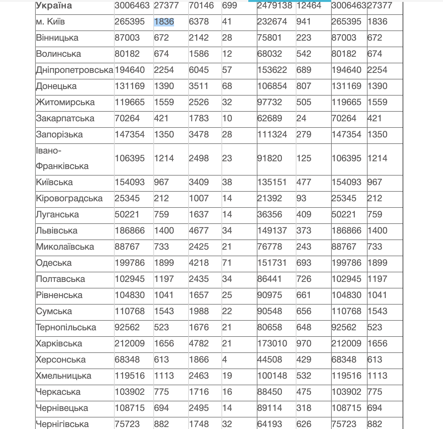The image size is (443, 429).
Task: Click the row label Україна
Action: click(54, 5)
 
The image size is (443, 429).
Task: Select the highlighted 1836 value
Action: click(164, 22)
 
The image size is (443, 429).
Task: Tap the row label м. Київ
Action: click(50, 22)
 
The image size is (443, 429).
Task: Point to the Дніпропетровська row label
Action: click(75, 70)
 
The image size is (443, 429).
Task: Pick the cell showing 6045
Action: click(199, 70)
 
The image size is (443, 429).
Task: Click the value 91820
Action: click(270, 158)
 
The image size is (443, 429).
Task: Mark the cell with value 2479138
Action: click(274, 5)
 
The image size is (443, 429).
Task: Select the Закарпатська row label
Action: click(65, 118)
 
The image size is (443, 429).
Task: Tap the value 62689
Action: click(270, 118)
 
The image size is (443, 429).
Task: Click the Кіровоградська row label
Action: click(69, 198)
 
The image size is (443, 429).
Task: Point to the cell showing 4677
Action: click(199, 231)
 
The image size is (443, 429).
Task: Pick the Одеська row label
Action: click(54, 263)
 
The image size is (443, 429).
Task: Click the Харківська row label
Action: click(59, 344)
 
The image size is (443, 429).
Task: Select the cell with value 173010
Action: click(272, 344)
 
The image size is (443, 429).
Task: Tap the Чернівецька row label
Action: click(62, 408)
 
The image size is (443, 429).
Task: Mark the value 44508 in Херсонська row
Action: click(270, 360)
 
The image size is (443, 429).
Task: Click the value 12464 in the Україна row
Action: click(309, 5)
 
